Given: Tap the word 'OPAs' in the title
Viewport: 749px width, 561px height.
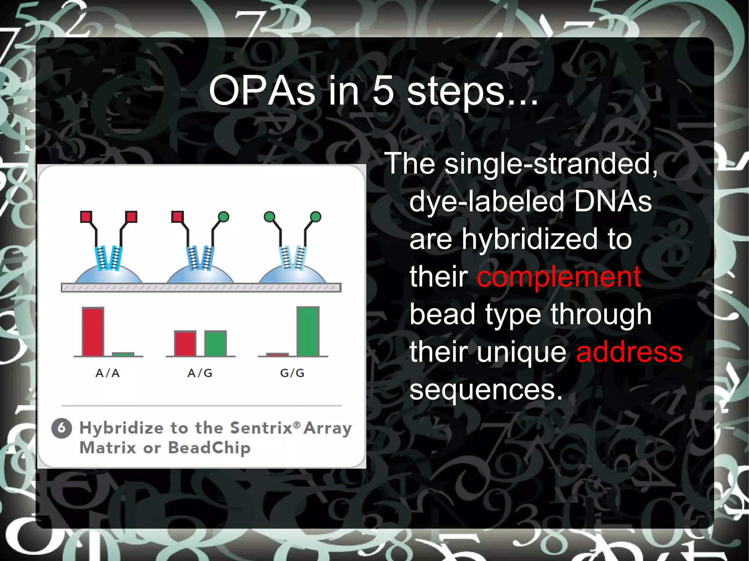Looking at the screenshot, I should pyautogui.click(x=262, y=91).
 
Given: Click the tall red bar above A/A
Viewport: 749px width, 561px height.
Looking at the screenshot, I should pyautogui.click(x=93, y=331).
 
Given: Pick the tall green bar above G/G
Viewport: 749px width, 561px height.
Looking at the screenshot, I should pyautogui.click(x=308, y=331).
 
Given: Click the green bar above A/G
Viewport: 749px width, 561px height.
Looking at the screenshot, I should pyautogui.click(x=215, y=343).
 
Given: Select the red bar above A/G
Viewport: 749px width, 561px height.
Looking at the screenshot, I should pyautogui.click(x=185, y=343).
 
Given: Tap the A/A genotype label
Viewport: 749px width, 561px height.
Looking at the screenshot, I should pyautogui.click(x=108, y=373).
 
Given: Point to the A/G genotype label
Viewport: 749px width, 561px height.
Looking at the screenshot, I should pyautogui.click(x=200, y=373).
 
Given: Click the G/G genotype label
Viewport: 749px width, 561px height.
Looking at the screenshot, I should pyautogui.click(x=292, y=373).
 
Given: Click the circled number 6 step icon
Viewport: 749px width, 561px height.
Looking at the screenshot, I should pyautogui.click(x=61, y=428).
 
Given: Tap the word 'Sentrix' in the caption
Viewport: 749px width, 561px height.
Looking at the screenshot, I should pyautogui.click(x=261, y=428).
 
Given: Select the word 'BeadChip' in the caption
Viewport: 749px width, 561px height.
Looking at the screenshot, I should pyautogui.click(x=209, y=448).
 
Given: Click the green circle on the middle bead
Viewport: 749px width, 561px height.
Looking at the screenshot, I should pyautogui.click(x=223, y=217).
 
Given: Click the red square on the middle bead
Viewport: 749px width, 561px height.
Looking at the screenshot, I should pyautogui.click(x=177, y=217).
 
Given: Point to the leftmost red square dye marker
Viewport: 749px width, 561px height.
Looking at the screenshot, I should pyautogui.click(x=86, y=217).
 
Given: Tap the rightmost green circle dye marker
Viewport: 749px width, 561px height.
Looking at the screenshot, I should pyautogui.click(x=316, y=217).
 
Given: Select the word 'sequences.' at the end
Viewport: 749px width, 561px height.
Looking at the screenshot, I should pyautogui.click(x=486, y=390).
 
